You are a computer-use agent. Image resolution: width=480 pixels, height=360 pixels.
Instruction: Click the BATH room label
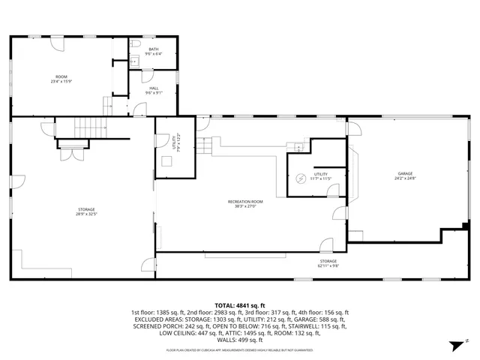pyautogui.click(x=153, y=51)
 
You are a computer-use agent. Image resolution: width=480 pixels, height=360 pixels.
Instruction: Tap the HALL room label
pyautogui.click(x=153, y=91)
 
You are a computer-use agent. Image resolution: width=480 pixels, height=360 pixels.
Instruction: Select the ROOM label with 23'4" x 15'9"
pyautogui.click(x=61, y=79)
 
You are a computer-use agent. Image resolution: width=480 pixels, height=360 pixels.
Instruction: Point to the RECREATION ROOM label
pyautogui.click(x=246, y=202)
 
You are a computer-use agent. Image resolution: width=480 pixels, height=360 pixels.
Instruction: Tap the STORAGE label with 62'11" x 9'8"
pyautogui.click(x=328, y=263)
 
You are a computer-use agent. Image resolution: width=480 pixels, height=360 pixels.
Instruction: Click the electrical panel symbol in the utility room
pyautogui.click(x=298, y=147)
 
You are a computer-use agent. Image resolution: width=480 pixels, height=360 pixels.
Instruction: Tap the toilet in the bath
pyautogui.click(x=133, y=61)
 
